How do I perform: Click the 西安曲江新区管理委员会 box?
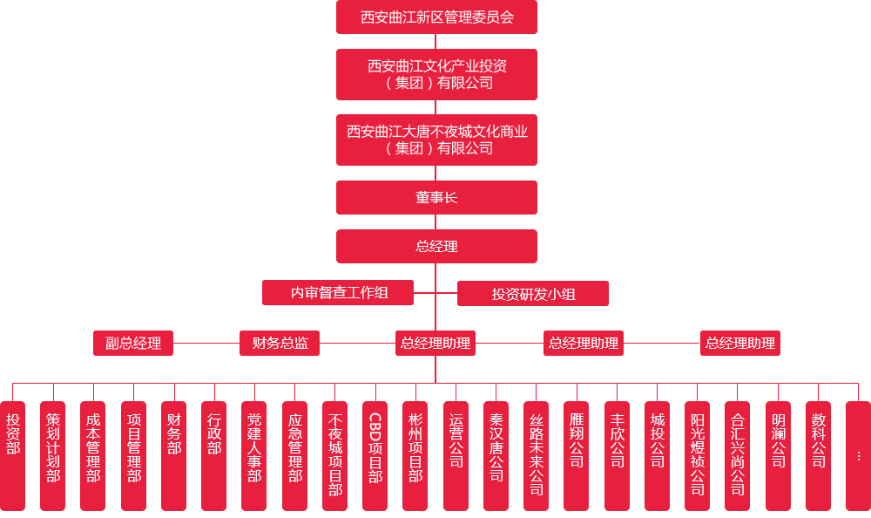coord(436,17)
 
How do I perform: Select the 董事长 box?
coord(436,197)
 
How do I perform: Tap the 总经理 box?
coord(436,246)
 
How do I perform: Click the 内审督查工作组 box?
coord(339,293)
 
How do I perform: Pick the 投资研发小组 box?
coord(533,294)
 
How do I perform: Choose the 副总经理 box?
coord(133,343)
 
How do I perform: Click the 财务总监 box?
coord(280,343)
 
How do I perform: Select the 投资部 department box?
coord(13,454)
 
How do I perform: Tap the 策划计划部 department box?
coord(53,454)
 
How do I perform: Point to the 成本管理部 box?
coord(93,454)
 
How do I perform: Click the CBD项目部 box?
coord(375,454)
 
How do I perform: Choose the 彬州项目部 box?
coord(415,454)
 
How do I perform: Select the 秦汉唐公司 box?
coord(496,454)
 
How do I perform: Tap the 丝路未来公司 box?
coord(537,454)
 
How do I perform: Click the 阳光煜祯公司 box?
coord(698,454)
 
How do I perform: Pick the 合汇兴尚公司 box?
coord(738,454)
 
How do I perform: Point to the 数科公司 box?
coord(818,454)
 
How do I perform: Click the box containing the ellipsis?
coord(858,454)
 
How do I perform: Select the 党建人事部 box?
coord(254,454)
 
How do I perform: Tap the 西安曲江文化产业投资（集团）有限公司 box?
coord(436,74)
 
